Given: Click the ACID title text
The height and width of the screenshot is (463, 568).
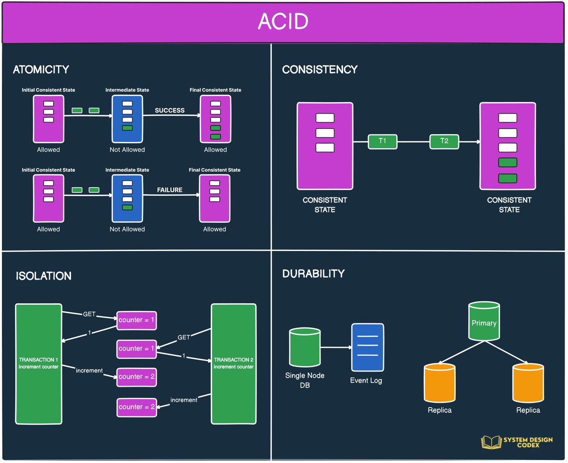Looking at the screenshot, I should pos(283,22).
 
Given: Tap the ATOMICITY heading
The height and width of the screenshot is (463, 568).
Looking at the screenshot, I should pos(41,70).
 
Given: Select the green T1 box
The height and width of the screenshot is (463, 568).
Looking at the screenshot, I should pos(382,141).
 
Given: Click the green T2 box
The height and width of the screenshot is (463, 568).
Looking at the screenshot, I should pos(444,141).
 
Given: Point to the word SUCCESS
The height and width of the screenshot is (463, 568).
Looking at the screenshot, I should pos(169,110).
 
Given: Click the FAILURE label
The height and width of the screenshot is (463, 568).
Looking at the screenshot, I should pos(169,190).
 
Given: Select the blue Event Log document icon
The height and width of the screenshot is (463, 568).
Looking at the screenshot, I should pos(367,347).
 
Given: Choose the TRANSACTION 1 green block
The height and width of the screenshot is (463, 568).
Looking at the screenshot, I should pos(38,363).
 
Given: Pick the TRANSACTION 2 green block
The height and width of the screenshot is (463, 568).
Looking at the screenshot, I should pos(233,363).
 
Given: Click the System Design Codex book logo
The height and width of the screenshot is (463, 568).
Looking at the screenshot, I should pos(490,442).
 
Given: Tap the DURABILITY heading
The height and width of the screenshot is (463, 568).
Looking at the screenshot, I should pos(313,274).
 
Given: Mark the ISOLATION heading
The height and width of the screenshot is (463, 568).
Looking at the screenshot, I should pos(44,276).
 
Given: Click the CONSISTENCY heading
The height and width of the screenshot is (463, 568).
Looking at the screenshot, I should pos(319,70).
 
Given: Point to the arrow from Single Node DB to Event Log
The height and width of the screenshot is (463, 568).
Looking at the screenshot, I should pos(336,347).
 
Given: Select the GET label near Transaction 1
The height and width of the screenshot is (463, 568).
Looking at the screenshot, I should pos(89,314).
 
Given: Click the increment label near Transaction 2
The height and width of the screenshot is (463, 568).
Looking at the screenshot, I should pos(184,400).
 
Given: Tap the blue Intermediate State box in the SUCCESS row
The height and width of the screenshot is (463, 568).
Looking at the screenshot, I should pos(127,119).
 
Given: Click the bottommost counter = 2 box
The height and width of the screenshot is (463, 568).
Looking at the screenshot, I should pos(137,407).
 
